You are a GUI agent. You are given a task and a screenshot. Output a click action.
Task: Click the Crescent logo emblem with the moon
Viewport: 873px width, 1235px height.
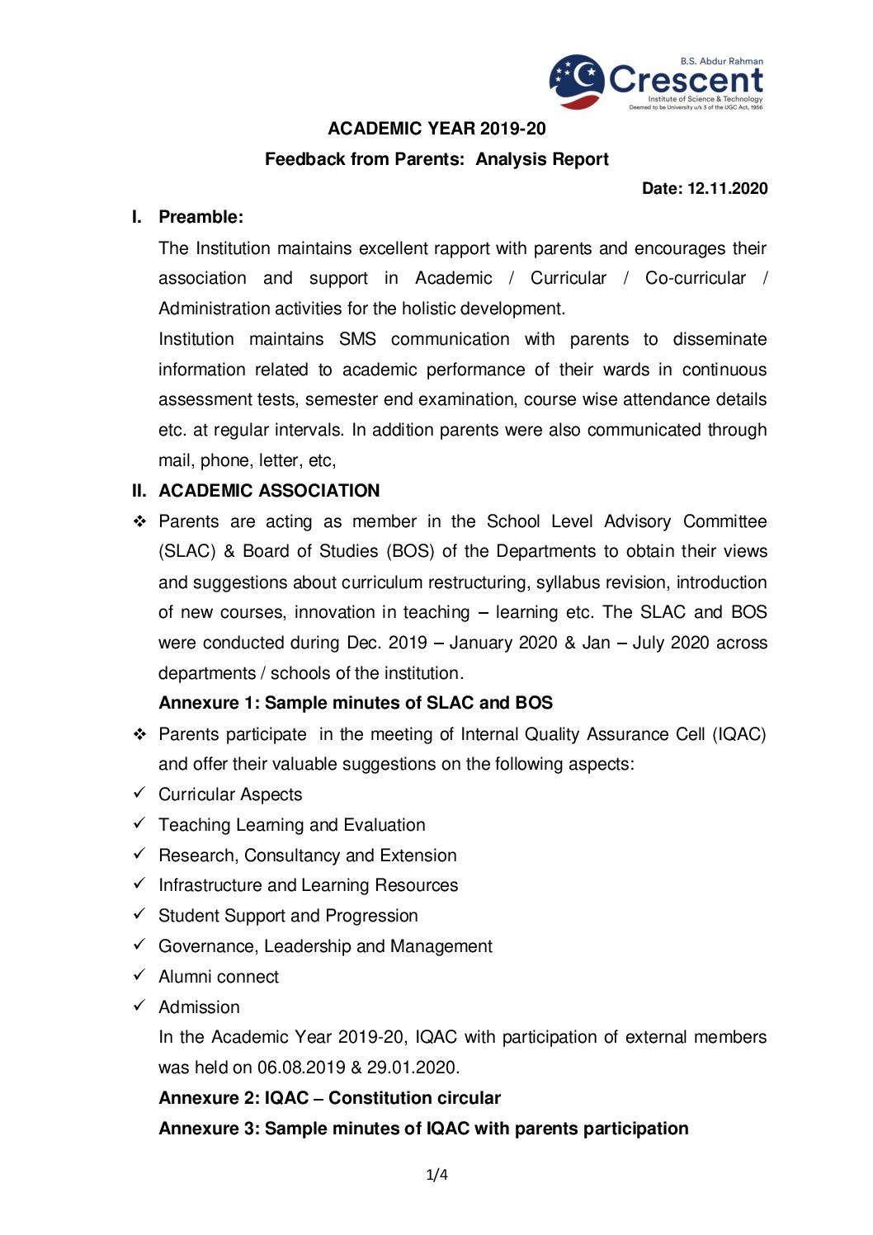577,81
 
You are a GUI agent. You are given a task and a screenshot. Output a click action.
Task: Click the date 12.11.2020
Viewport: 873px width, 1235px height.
727,189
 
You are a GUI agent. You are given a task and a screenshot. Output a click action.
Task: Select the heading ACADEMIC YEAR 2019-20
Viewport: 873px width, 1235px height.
436,129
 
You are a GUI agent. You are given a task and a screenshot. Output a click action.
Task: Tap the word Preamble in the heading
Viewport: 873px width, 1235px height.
200,217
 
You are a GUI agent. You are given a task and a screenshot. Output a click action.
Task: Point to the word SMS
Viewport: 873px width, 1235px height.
357,339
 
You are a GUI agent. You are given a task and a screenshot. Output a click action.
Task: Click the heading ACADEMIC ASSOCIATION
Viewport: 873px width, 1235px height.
269,491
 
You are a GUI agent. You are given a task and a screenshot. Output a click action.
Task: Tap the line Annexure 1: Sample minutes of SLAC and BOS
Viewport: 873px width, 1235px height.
356,703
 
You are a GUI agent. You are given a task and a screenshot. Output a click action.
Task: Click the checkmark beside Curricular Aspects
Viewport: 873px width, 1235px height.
139,793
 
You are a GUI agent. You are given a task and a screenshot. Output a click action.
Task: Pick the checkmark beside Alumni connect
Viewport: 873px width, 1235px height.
139,975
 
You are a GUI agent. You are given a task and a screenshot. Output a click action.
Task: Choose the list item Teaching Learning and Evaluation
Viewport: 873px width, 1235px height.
292,825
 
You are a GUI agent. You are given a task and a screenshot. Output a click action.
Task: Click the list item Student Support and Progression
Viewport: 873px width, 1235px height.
288,916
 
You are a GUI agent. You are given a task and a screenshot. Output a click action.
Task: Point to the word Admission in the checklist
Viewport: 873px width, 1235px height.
199,1007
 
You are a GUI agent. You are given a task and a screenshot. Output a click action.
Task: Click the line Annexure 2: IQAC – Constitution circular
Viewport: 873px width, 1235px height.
329,1098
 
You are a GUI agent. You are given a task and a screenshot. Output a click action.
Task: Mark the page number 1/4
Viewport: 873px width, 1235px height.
436,1174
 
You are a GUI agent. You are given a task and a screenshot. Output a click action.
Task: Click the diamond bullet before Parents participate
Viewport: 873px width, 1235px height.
139,734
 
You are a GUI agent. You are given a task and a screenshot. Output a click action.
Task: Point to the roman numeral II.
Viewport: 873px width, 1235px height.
139,491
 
